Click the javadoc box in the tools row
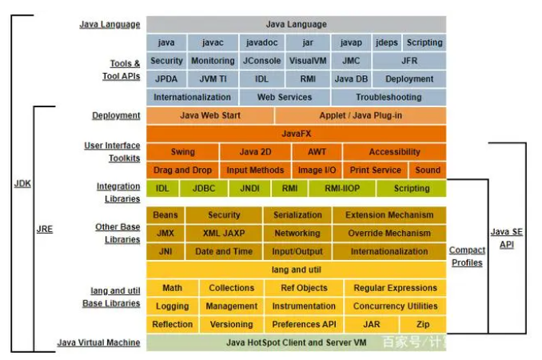[262, 42]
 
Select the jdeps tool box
[386, 42]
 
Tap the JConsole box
[261, 61]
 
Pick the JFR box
[408, 61]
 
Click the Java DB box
[351, 79]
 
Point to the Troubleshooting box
[388, 97]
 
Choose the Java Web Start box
[209, 115]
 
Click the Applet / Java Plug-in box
[361, 115]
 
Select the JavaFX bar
[296, 134]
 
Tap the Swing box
[182, 152]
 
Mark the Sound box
[428, 170]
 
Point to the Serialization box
[297, 215]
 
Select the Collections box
[231, 288]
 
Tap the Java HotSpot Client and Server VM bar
[296, 342]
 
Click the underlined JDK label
[22, 184]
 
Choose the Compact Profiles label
[467, 256]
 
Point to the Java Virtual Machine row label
[98, 342]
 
